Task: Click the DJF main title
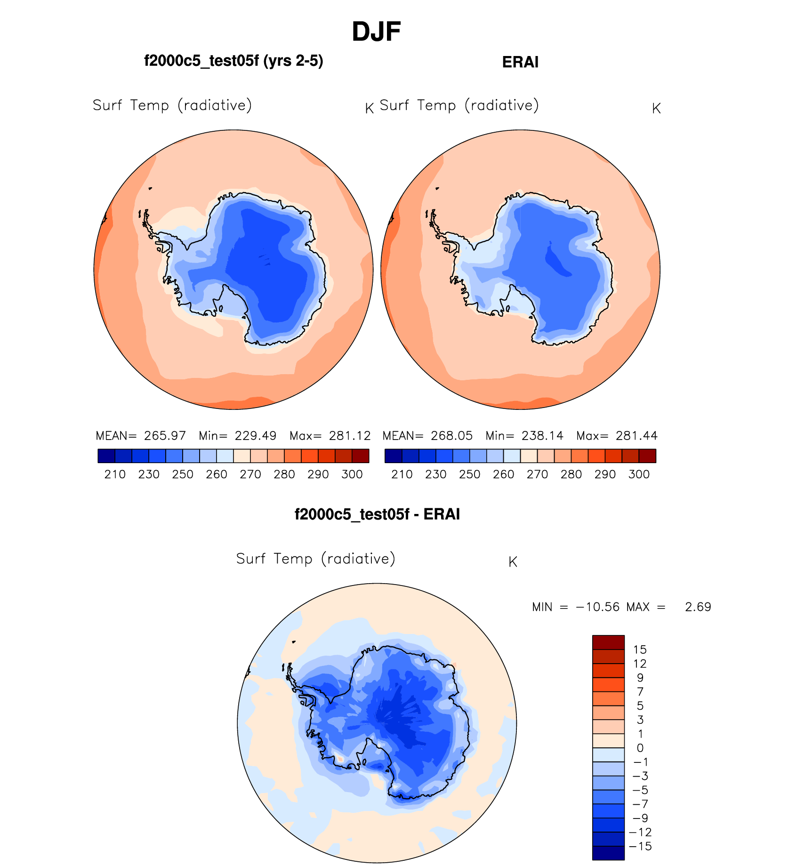[376, 32]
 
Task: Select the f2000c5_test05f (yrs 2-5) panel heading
[233, 61]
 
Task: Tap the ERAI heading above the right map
[520, 62]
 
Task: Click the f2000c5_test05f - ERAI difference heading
[377, 514]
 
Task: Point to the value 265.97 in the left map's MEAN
[165, 436]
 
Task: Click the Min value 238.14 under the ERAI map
[542, 436]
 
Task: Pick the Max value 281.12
[350, 436]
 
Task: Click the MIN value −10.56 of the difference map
[597, 607]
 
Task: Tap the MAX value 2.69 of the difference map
[698, 607]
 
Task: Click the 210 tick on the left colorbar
[115, 474]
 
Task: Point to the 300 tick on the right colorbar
[639, 474]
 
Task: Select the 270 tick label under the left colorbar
[250, 474]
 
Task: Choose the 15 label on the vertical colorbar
[640, 650]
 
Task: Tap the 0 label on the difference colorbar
[640, 748]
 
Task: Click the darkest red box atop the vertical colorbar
[608, 642]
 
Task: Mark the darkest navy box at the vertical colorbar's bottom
[608, 853]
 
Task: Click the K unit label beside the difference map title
[513, 562]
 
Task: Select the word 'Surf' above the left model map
[107, 105]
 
